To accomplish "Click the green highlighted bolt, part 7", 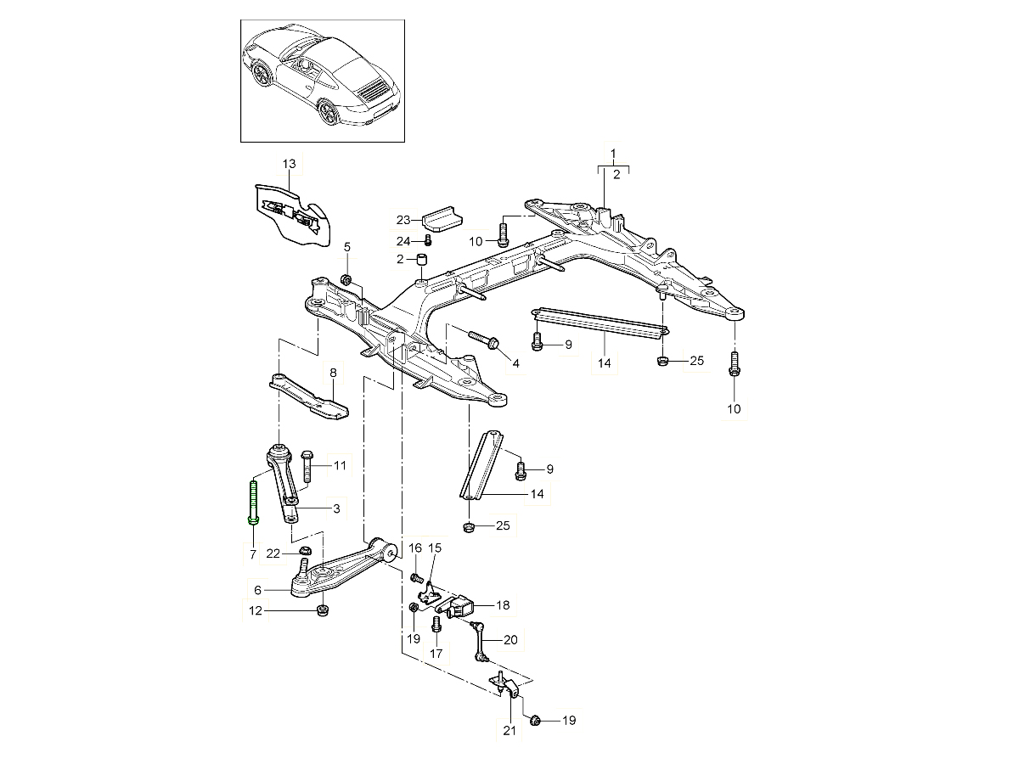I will click(x=253, y=502).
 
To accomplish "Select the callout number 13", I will click(x=289, y=163).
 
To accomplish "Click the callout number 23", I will click(x=403, y=221).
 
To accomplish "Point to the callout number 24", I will click(x=403, y=241).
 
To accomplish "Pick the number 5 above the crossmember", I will click(x=346, y=247).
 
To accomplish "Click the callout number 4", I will click(x=515, y=363).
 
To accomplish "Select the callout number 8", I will click(x=333, y=373).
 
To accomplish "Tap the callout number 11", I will click(x=340, y=465).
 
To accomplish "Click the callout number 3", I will click(x=336, y=508).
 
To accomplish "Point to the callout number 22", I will click(x=273, y=553).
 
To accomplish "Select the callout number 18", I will click(x=504, y=605).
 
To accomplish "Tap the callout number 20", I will click(x=509, y=640).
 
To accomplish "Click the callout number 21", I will click(x=509, y=731).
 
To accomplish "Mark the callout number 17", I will click(x=436, y=654).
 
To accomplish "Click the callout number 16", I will click(x=415, y=548).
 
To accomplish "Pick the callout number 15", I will click(x=435, y=548).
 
